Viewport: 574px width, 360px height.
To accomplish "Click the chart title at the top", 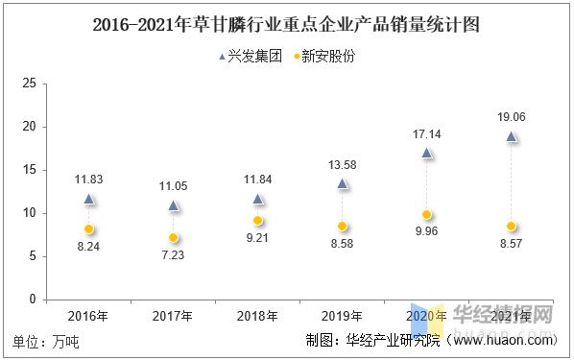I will pos(286,24).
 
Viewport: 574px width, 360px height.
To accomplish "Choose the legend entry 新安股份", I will pos(323,57).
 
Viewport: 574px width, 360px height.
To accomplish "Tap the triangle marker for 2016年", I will pos(88,199).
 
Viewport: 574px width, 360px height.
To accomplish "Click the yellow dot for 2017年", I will pos(174,237).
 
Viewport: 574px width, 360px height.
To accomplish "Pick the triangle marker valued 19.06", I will pos(512,137).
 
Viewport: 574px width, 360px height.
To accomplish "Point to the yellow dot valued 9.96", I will pos(427,215).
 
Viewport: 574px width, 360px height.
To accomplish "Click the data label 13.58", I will pos(343,164).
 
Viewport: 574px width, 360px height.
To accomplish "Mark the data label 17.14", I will pos(427,133).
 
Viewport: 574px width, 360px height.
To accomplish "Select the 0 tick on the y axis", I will pos(33,300).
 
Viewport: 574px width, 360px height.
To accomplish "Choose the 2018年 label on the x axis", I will pos(258,315).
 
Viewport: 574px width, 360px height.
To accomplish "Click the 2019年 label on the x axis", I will pos(343,315).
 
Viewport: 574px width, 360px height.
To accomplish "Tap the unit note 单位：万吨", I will pos(46,341).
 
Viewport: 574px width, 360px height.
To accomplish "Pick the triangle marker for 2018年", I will pos(258,199).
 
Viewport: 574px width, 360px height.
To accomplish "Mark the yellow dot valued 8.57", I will pos(512,227).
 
